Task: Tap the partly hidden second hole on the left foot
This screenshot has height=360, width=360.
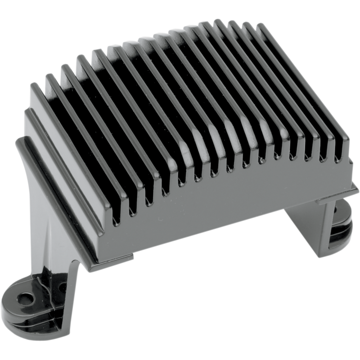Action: pyautogui.click(x=60, y=286)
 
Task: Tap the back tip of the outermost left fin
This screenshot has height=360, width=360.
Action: pyautogui.click(x=34, y=85)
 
